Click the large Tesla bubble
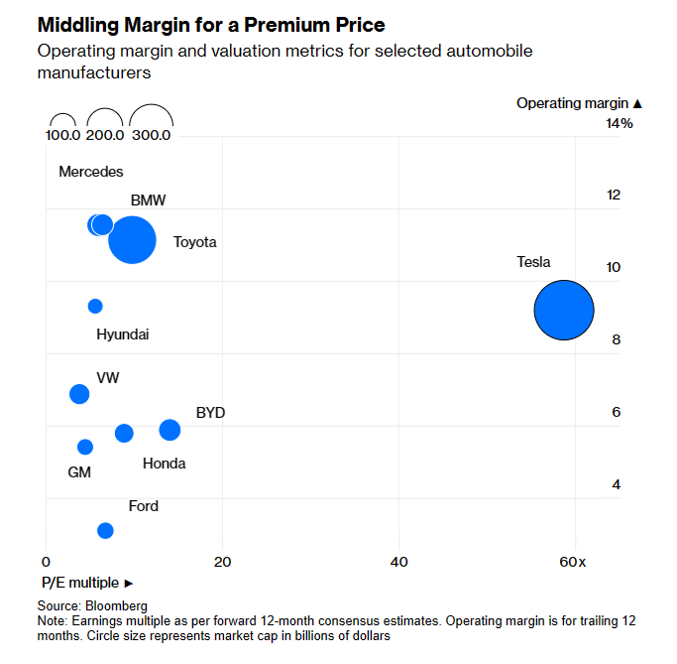(564, 311)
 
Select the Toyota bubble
(132, 240)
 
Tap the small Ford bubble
(105, 530)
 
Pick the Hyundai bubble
(95, 306)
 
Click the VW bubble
(79, 394)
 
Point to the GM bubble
(85, 447)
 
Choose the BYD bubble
(169, 430)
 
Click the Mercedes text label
(91, 172)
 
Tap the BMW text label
(148, 199)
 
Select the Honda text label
(164, 464)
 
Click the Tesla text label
(533, 262)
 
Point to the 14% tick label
(620, 123)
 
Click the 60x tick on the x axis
(573, 562)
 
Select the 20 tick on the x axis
(222, 562)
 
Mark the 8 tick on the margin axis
(616, 339)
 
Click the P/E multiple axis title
(80, 583)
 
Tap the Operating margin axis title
(579, 102)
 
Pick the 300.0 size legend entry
(152, 135)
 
